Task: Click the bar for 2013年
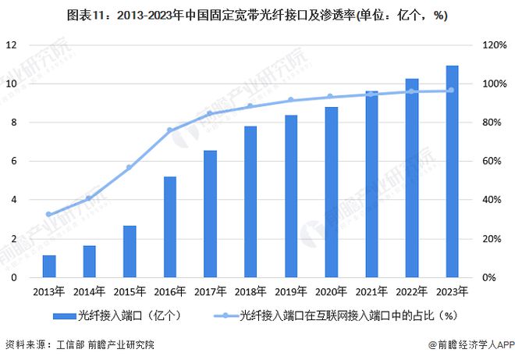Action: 49,266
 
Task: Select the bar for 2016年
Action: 169,227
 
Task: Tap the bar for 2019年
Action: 290,196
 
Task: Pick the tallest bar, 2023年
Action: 451,172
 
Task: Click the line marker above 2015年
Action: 130,168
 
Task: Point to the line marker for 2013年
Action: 49,214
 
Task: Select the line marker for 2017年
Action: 210,113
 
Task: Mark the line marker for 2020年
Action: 331,97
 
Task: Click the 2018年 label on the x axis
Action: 250,292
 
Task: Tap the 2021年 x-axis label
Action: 371,292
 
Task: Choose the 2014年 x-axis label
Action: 89,292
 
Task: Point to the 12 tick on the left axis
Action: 12,45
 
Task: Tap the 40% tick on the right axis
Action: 493,201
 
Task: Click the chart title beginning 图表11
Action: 257,15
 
